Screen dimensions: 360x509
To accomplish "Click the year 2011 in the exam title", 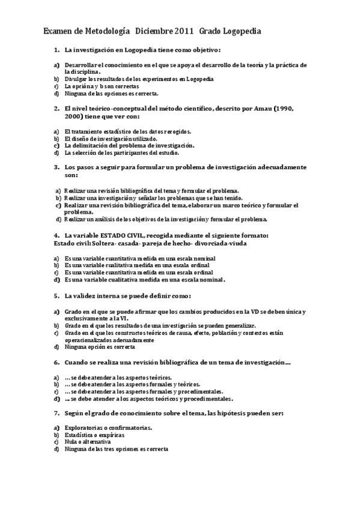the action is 183,31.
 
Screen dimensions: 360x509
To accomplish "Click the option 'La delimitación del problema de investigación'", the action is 129,145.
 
